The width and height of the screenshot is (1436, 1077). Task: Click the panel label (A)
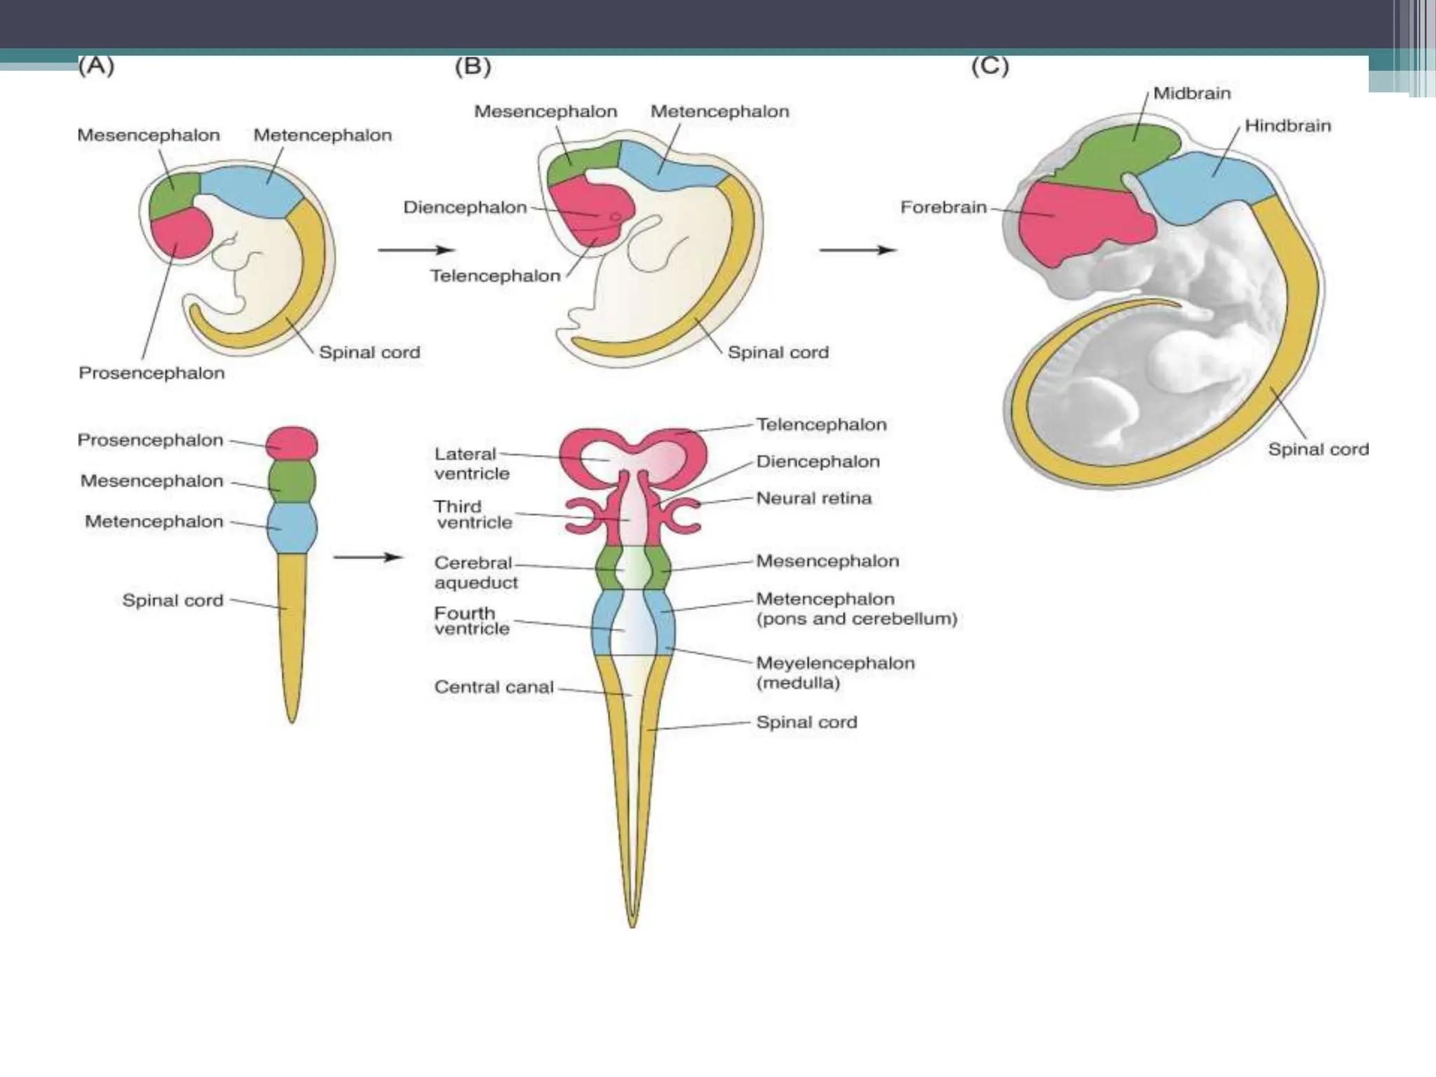[x=96, y=66]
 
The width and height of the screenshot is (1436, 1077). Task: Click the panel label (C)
[x=989, y=67]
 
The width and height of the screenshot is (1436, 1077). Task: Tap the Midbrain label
[x=1191, y=93]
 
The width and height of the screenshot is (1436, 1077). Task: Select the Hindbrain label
[x=1287, y=126]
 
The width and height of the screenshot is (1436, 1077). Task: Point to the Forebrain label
[x=943, y=208]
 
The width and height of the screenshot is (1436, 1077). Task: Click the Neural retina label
[x=813, y=499]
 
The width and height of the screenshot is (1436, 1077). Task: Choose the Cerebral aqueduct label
[x=475, y=572]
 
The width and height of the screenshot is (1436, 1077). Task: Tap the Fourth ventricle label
[x=471, y=621]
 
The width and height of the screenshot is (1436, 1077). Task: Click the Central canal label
[x=494, y=687]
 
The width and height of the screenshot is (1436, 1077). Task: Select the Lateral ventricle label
[x=470, y=463]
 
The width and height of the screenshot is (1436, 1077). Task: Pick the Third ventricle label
[x=473, y=515]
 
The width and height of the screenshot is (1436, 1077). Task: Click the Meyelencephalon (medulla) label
[x=834, y=672]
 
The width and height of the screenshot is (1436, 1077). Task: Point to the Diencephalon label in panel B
[x=465, y=208]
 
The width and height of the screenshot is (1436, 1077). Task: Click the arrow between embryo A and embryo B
[x=416, y=250]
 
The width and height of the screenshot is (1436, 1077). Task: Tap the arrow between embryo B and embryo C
[x=858, y=250]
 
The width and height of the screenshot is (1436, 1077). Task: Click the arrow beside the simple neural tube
[x=367, y=557]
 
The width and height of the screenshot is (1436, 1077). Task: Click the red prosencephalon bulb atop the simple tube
[x=292, y=443]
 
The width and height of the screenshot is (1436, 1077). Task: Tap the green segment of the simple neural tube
[x=292, y=482]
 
